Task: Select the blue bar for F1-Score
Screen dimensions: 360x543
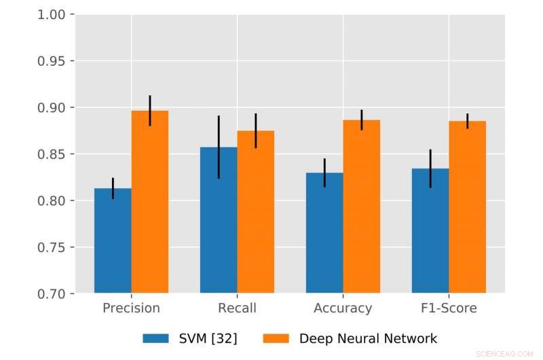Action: point(430,231)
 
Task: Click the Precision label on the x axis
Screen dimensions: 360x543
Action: point(131,308)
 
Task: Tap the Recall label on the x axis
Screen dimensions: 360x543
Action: point(237,308)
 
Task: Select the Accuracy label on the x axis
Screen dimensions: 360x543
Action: point(343,308)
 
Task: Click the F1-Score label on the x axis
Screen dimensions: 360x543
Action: point(449,308)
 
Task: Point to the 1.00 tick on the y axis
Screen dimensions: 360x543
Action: point(54,14)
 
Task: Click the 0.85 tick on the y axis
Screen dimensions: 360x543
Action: point(54,154)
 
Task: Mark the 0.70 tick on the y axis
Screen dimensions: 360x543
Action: point(54,293)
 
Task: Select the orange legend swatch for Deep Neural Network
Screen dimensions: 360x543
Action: point(276,338)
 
